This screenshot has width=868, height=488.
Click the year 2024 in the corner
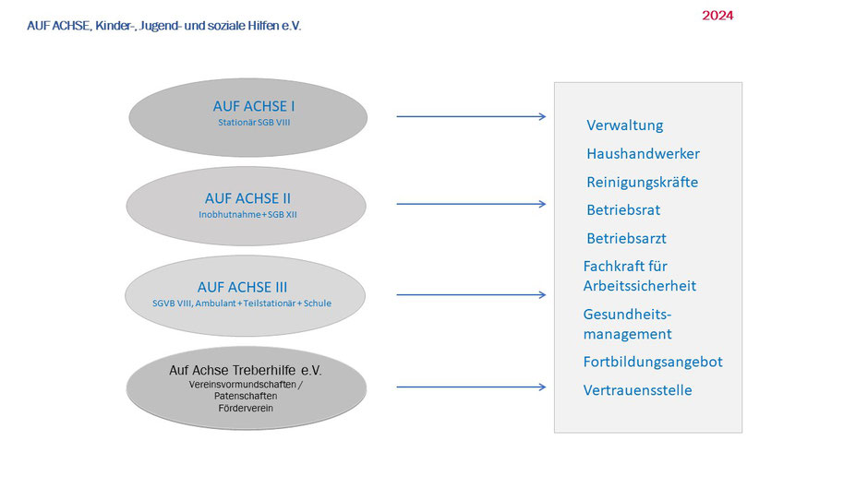point(717,16)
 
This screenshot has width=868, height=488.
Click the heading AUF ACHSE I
point(254,106)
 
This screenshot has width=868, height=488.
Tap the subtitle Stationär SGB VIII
point(254,123)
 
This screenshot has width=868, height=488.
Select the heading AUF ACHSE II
point(247,198)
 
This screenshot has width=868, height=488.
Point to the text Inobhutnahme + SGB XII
point(247,215)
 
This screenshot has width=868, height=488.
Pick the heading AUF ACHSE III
point(242,287)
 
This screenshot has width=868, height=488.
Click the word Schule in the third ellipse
point(318,304)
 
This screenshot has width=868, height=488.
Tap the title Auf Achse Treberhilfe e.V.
point(246,370)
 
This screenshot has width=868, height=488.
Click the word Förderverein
point(246,409)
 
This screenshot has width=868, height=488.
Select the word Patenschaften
point(246,396)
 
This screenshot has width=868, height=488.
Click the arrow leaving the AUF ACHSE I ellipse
point(471,116)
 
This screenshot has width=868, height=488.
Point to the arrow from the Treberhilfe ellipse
point(471,387)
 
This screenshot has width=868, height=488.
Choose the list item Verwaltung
point(624,125)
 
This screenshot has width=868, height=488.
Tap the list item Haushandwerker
point(643,154)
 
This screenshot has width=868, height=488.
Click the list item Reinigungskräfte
point(642,182)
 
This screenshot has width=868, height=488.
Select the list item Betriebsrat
point(623,210)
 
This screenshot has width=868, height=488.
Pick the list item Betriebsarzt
point(626,239)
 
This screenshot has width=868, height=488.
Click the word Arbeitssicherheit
point(639,286)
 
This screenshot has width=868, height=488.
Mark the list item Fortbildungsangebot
point(653,362)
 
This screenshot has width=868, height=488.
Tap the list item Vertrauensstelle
point(637,390)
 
